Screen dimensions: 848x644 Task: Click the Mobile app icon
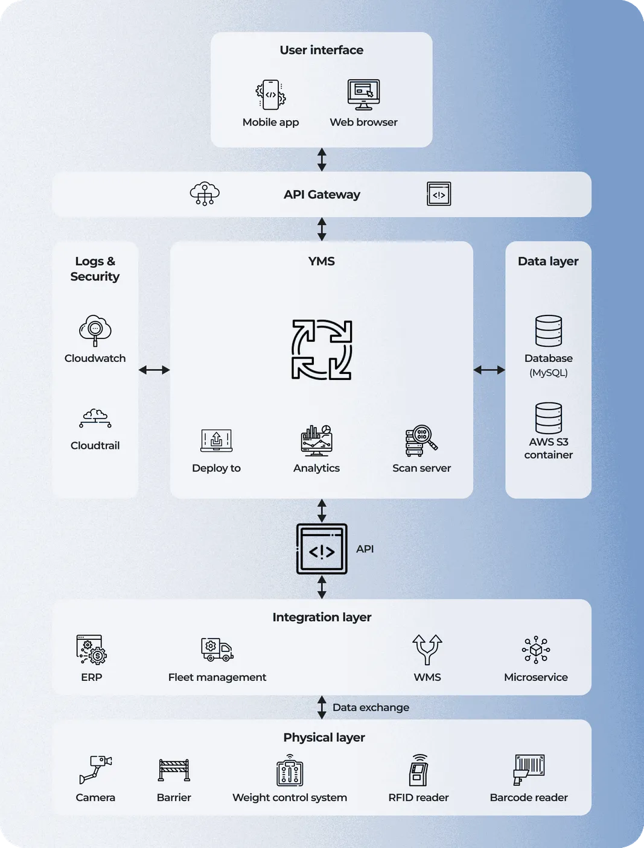pos(270,95)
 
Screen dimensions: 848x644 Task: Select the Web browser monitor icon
pos(363,95)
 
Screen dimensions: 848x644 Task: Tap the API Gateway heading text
pos(322,194)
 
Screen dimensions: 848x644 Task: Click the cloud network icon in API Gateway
pos(205,194)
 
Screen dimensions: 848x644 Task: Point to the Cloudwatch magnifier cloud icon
pos(95,330)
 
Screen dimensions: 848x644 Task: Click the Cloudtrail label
pos(95,446)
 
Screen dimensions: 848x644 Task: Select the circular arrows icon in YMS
pos(322,350)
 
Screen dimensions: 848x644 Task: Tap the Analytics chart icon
pos(316,440)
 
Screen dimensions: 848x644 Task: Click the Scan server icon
pos(421,441)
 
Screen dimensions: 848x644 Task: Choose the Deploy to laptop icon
pos(216,440)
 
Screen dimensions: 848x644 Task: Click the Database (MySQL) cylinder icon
pos(548,331)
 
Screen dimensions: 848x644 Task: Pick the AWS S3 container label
pos(548,448)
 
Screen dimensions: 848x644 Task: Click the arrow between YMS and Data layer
pos(489,370)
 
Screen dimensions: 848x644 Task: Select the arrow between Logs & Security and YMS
pos(154,370)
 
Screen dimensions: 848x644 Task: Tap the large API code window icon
pos(322,549)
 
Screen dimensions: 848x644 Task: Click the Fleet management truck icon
pos(217,650)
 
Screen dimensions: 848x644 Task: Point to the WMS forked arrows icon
pos(427,650)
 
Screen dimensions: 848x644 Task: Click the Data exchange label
pos(371,707)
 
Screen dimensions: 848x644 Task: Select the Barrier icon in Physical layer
pos(174,770)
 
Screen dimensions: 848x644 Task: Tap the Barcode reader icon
pos(529,770)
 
